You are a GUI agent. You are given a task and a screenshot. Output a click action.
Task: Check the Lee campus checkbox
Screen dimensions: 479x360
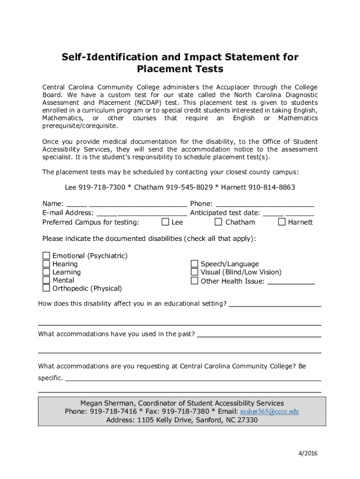click(165, 222)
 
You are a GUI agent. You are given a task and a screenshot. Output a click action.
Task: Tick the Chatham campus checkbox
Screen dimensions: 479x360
click(218, 222)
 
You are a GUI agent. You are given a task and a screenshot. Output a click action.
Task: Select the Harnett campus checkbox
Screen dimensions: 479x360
click(281, 222)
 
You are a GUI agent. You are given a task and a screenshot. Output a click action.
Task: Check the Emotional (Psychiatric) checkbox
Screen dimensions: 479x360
click(46, 255)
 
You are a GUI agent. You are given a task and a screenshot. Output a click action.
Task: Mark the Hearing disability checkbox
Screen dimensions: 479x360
click(46, 264)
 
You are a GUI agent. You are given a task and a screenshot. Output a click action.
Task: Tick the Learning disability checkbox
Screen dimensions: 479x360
click(46, 272)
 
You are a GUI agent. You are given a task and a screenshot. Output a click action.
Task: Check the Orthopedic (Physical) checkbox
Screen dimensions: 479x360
click(46, 288)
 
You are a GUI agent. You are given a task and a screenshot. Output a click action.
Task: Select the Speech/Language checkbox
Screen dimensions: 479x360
click(194, 264)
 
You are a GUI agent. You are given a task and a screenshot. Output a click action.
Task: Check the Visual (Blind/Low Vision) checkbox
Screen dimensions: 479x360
click(194, 272)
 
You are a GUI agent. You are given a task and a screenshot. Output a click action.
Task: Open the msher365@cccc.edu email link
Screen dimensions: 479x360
click(269, 412)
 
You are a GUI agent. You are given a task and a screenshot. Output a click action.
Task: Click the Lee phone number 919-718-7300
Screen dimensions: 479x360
click(102, 187)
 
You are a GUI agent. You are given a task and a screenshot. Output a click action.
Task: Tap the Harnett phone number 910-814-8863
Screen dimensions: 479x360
click(272, 187)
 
